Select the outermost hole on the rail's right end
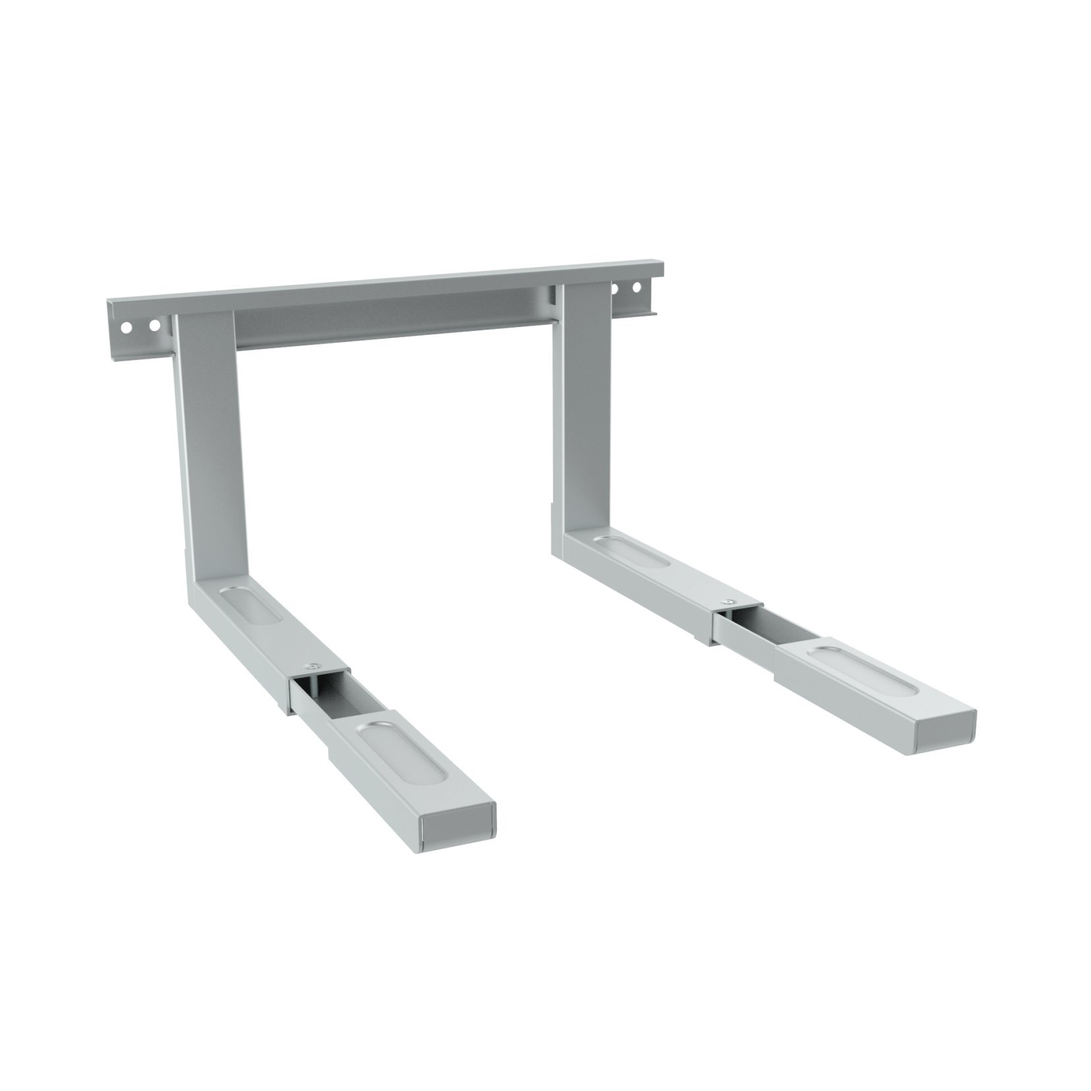[x=637, y=287]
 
